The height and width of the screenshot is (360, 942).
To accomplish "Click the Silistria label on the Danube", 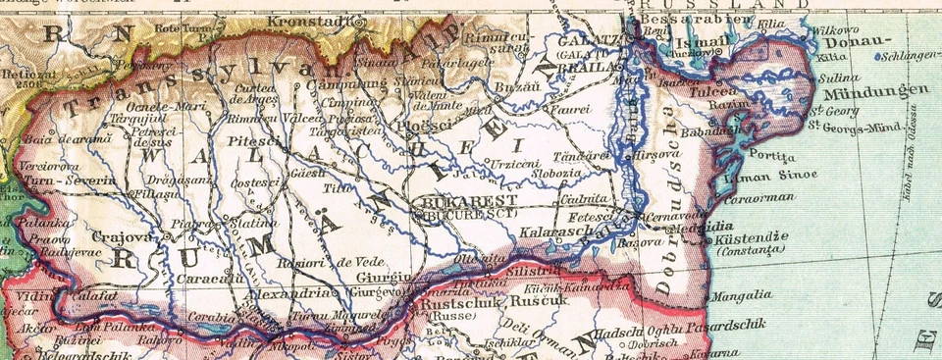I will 536,268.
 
